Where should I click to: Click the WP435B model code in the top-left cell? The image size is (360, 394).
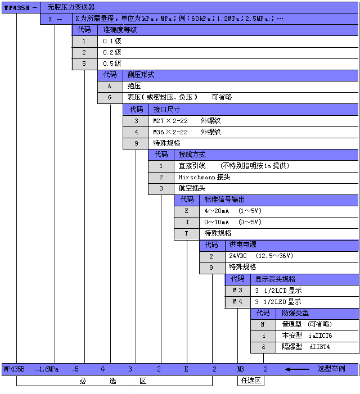click(17, 8)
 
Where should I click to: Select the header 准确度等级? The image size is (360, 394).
click(120, 30)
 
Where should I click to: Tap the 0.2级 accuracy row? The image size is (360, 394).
click(112, 52)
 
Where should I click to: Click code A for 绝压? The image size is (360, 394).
click(110, 86)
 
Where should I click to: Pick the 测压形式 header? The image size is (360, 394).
click(141, 75)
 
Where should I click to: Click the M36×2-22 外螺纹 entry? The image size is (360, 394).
click(187, 132)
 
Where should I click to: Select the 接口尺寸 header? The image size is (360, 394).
click(166, 109)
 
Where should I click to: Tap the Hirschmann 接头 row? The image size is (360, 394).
click(204, 177)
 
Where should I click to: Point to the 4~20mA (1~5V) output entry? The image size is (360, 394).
click(233, 211)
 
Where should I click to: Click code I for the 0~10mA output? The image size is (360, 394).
click(187, 222)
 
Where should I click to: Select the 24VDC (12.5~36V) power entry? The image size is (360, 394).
click(261, 256)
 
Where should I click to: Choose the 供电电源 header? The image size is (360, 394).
click(242, 244)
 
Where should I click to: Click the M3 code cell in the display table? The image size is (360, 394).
click(237, 291)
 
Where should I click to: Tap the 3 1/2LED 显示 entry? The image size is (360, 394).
click(278, 302)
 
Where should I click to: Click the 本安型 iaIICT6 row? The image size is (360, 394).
click(307, 336)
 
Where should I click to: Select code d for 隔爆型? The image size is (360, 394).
click(263, 347)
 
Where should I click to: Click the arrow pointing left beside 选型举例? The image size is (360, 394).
click(298, 369)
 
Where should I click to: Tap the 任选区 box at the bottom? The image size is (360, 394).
click(251, 381)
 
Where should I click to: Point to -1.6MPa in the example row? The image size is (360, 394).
click(47, 369)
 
